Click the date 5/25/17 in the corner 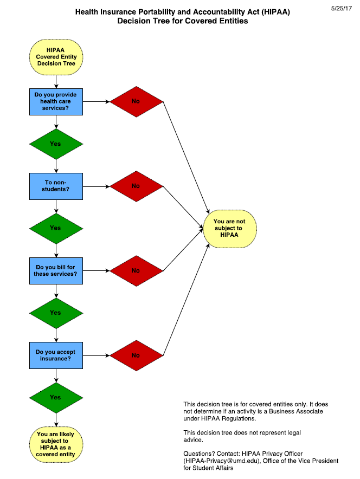tap(341, 8)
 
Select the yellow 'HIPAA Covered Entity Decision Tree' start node tap(56, 57)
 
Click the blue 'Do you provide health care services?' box tap(56, 101)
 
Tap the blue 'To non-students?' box tap(56, 186)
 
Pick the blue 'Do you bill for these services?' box tap(56, 271)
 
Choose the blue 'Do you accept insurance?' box tap(56, 355)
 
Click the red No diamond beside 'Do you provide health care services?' tap(136, 101)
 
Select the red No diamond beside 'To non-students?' tap(136, 186)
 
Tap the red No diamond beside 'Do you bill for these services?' tap(136, 271)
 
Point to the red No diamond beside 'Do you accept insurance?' tap(136, 355)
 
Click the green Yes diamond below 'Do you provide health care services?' tap(56, 144)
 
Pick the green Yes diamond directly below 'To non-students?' tap(56, 228)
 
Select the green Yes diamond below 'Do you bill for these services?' tap(56, 313)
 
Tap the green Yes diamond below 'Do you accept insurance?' tap(56, 397)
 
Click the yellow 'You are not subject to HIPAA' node tap(229, 228)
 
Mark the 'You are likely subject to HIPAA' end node tap(56, 444)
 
